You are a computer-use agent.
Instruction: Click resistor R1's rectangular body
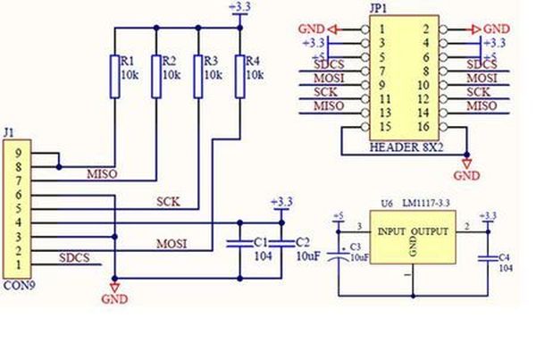(x=114, y=76)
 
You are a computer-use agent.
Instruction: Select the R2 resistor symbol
(x=155, y=76)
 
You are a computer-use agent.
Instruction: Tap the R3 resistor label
(x=211, y=60)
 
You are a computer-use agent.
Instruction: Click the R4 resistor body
(x=239, y=76)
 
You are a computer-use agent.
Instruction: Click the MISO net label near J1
(x=101, y=173)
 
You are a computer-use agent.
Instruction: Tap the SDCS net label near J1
(x=75, y=258)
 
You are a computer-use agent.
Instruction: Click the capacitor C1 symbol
(x=238, y=242)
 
